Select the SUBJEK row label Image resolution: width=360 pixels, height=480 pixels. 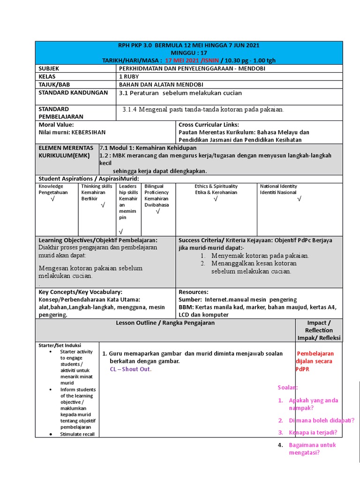50,68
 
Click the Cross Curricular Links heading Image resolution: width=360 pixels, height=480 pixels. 209,125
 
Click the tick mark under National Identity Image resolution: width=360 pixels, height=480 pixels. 299,199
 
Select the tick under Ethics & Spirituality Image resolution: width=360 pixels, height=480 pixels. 216,199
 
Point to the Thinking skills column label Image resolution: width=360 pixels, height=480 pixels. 97,186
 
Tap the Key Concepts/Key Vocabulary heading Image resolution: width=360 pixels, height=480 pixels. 80,292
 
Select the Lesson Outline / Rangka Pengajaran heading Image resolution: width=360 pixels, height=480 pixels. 165,322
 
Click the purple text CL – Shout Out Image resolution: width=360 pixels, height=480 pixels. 131,369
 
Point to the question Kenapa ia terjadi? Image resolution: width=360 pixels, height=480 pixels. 313,432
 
